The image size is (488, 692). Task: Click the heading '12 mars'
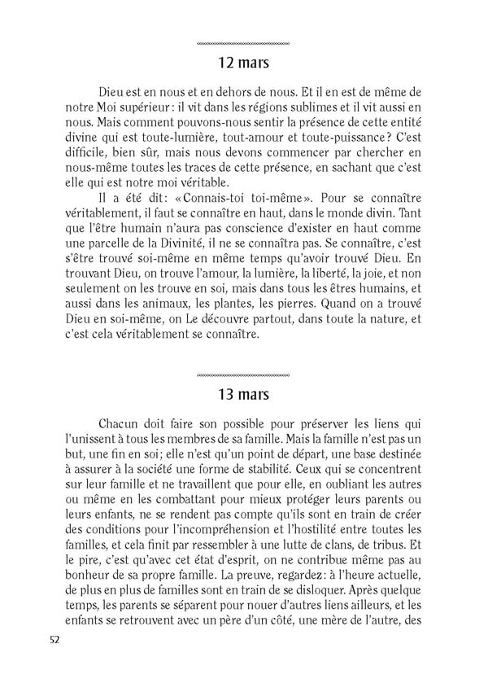point(244,63)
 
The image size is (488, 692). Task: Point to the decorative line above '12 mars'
point(244,42)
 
